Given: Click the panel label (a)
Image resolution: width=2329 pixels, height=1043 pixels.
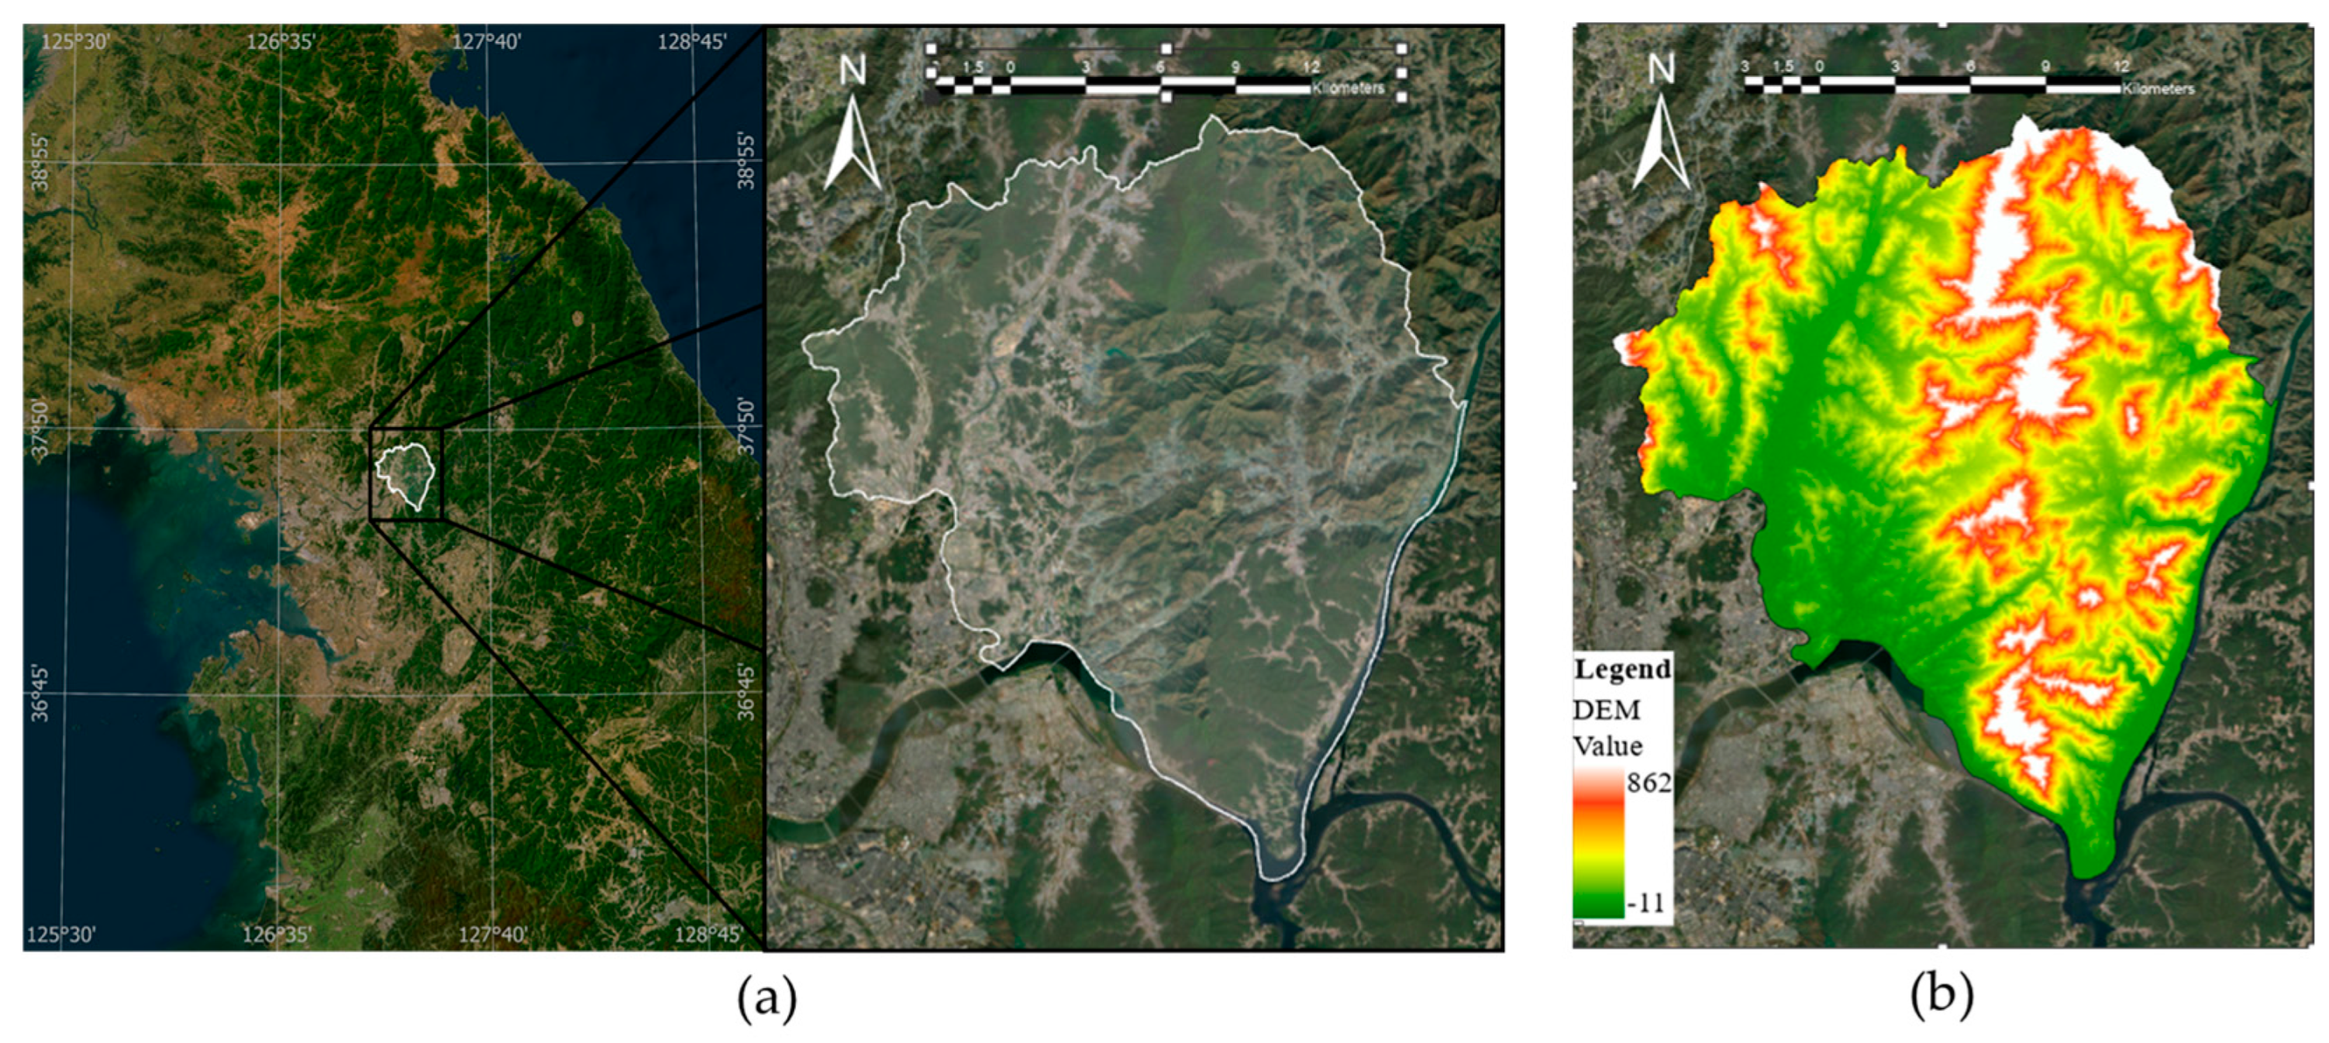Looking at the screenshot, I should (x=767, y=997).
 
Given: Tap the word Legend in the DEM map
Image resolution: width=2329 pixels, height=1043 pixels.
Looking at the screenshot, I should (x=1622, y=670).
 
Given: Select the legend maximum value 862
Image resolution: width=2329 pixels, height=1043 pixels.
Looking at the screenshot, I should (x=1649, y=783).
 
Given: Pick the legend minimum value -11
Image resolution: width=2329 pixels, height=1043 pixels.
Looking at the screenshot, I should (x=1645, y=902).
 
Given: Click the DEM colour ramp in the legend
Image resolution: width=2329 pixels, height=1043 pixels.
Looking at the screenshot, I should (x=1597, y=842).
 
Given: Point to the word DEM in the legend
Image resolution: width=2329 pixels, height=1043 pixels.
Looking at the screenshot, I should (x=1607, y=711).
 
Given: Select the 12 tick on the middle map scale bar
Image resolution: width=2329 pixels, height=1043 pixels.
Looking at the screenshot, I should (x=1311, y=67).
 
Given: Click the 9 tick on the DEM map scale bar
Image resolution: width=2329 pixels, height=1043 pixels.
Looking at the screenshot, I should (x=2045, y=67).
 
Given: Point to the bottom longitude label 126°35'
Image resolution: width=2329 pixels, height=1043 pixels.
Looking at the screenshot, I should (x=277, y=934).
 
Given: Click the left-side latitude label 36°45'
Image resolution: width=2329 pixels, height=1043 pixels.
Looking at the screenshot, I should (x=40, y=694).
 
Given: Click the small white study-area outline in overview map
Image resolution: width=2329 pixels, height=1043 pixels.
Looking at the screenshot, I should (x=406, y=474).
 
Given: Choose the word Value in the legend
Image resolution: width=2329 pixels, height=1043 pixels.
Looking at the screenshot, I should (x=1607, y=746).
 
